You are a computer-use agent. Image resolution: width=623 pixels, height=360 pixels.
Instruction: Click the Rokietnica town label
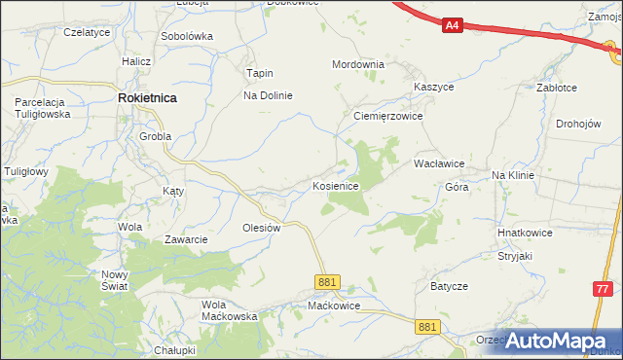[147, 97]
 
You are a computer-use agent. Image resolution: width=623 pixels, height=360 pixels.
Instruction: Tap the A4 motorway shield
[452, 26]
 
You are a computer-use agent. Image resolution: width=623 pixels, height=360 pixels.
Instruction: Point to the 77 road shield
[605, 289]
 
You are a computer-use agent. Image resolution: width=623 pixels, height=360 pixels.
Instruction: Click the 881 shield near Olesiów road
[328, 282]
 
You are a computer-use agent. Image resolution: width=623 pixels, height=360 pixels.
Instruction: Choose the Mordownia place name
[358, 64]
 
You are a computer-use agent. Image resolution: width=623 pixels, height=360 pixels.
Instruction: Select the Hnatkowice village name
[525, 234]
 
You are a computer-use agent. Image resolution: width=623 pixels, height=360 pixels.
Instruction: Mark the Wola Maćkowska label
[229, 309]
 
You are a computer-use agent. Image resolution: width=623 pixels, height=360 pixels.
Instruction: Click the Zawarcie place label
[185, 239]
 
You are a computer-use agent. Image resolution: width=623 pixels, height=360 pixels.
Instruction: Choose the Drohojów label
[582, 124]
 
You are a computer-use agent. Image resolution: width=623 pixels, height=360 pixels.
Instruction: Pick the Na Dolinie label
[268, 95]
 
